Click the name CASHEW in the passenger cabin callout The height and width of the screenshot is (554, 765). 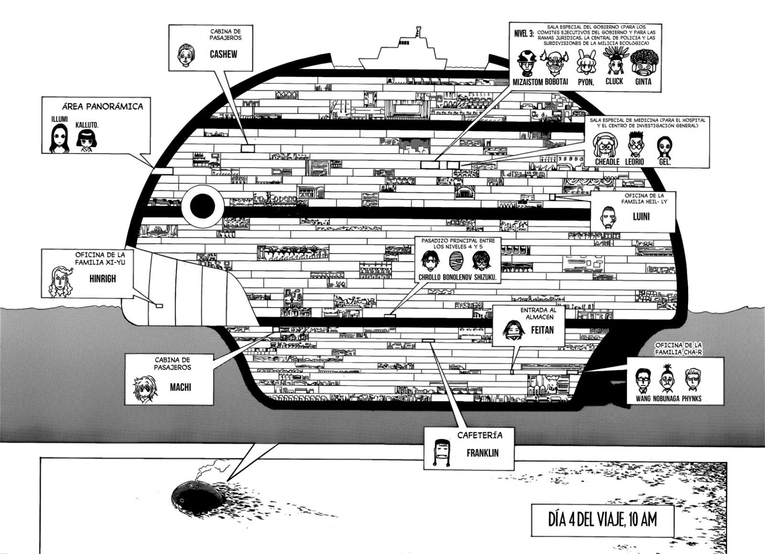pyautogui.click(x=224, y=55)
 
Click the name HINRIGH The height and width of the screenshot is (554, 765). pyautogui.click(x=102, y=278)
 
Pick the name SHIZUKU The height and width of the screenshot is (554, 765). pyautogui.click(x=483, y=277)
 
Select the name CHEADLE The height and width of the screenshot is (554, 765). pyautogui.click(x=607, y=162)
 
